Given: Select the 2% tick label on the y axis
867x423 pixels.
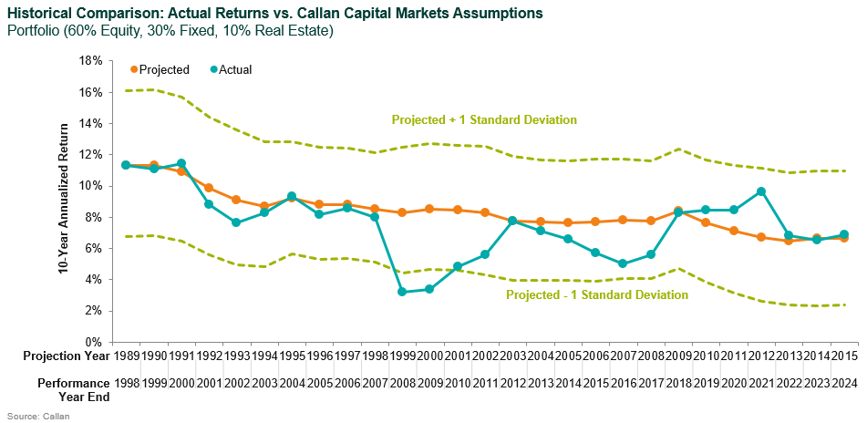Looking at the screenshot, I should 91,311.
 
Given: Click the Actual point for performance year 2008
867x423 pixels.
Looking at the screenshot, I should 402,292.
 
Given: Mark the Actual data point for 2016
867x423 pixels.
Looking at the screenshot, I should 623,263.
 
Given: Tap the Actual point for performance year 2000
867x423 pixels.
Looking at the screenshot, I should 181,164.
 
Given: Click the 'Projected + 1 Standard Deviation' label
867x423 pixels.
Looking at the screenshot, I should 484,119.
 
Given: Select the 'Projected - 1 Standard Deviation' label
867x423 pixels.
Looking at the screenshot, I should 596,294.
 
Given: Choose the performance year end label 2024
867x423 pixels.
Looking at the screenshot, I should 844,384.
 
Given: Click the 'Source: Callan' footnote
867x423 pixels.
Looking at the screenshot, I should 35,416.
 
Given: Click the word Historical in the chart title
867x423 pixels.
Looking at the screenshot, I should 38,13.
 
